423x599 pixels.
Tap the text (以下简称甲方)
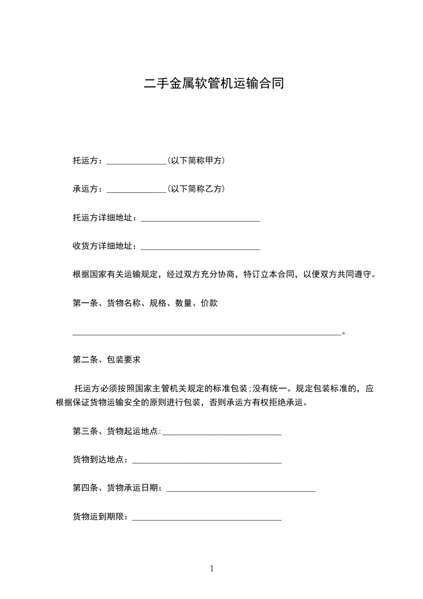click(x=196, y=160)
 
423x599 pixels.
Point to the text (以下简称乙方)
click(x=196, y=189)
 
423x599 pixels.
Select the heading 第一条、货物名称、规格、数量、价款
click(x=145, y=304)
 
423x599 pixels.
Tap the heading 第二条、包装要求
click(x=106, y=360)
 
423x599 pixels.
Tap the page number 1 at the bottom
click(x=212, y=569)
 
